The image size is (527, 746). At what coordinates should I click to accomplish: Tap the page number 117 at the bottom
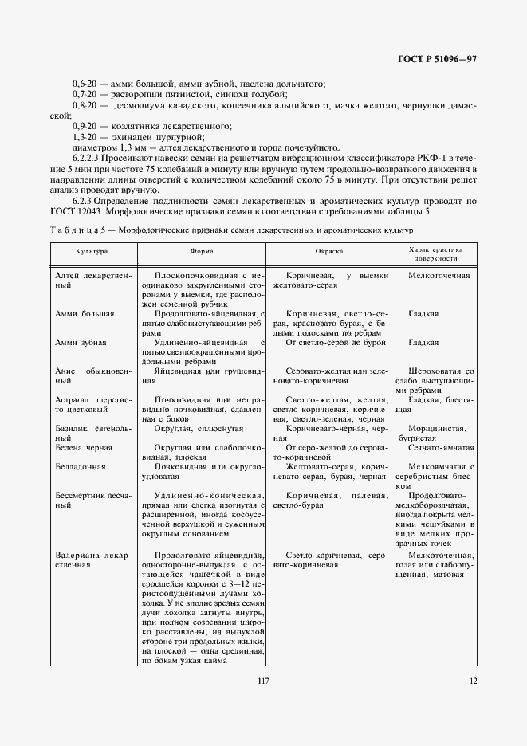pyautogui.click(x=264, y=680)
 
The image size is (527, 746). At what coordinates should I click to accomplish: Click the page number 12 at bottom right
pyautogui.click(x=473, y=680)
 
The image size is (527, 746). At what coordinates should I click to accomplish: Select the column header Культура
pyautogui.click(x=92, y=251)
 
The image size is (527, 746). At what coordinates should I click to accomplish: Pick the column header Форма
pyautogui.click(x=201, y=251)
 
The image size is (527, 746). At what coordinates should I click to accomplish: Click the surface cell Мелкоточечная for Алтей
pyautogui.click(x=438, y=275)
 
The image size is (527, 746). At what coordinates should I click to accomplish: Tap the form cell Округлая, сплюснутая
pyautogui.click(x=199, y=428)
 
